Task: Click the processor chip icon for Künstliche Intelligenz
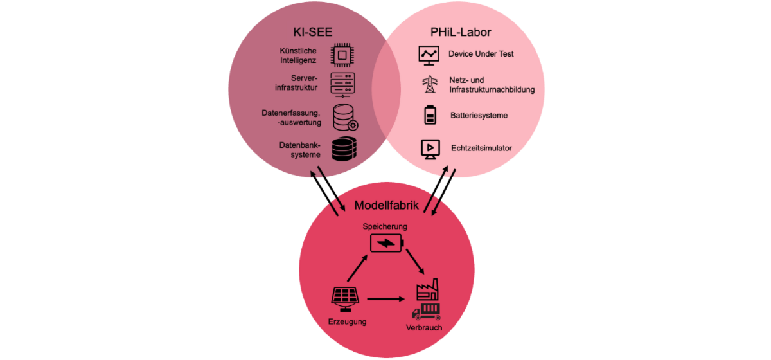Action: (x=344, y=55)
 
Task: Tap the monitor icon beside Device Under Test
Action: (x=429, y=55)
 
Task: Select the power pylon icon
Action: (x=429, y=84)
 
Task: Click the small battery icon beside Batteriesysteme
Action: (x=429, y=115)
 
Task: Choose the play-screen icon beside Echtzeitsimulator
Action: (x=429, y=148)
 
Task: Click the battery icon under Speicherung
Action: (x=387, y=244)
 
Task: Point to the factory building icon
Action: (x=427, y=290)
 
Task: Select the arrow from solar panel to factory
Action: (x=385, y=299)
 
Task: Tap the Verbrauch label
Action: (x=424, y=328)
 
